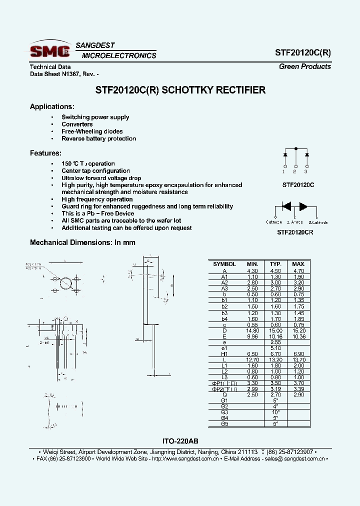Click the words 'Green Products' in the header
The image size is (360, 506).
(304, 66)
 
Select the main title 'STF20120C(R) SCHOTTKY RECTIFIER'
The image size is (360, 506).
(180, 90)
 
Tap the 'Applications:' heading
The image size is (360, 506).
(52, 106)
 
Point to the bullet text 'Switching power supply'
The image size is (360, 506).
(95, 117)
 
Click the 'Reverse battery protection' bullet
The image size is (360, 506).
(98, 138)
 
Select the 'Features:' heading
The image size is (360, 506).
(45, 153)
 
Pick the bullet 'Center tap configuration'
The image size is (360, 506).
(95, 171)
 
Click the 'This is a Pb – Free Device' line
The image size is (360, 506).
(97, 213)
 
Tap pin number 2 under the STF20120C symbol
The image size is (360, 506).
(295, 172)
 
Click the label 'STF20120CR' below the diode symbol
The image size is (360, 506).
(295, 232)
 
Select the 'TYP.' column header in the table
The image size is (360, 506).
(275, 264)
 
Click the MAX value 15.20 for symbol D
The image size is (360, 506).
(298, 330)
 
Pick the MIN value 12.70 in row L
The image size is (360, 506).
(252, 359)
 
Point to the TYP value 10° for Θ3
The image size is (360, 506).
(275, 411)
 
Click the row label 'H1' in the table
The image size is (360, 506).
(224, 353)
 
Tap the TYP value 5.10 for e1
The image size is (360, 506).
(275, 348)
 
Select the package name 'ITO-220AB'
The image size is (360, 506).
(180, 441)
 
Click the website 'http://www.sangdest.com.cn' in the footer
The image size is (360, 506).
(185, 458)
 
